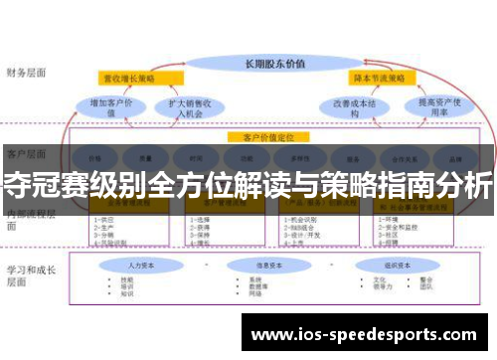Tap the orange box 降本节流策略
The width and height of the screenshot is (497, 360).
coord(378,78)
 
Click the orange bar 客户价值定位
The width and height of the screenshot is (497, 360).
coord(268,136)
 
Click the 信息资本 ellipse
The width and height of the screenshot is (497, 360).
coord(270,266)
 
